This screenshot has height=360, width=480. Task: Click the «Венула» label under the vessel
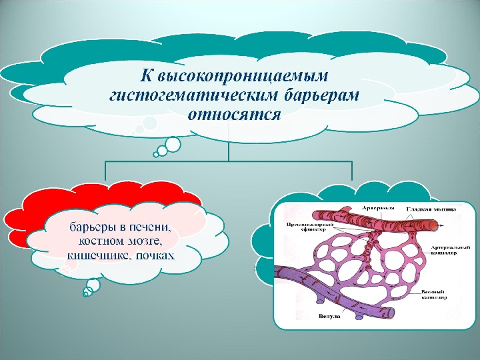(329, 316)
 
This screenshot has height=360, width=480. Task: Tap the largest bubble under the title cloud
(173, 143)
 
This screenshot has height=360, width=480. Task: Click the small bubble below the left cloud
(93, 286)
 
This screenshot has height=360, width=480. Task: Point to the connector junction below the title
(229, 161)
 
